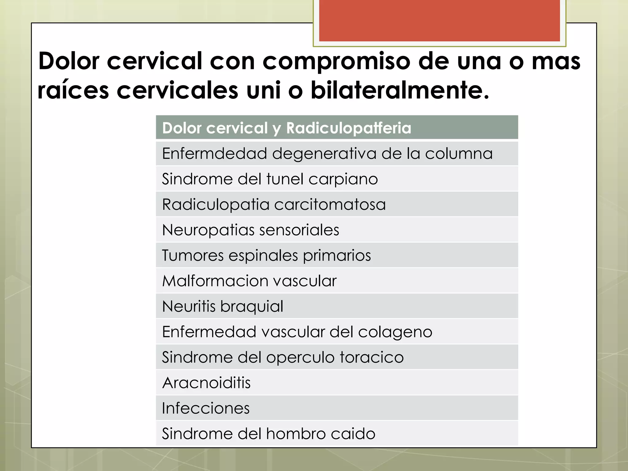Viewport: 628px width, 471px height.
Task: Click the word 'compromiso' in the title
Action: [x=336, y=61]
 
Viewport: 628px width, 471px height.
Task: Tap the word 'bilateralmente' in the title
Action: [x=400, y=90]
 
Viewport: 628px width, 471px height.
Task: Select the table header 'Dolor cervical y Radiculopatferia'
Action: [x=286, y=128]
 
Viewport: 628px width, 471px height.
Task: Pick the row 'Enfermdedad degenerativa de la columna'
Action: [x=327, y=153]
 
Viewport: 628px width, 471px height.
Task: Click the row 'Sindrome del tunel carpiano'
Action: [x=270, y=179]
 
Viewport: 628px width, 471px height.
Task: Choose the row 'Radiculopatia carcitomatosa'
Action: [x=274, y=204]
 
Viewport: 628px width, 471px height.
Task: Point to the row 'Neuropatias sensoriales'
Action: [x=251, y=230]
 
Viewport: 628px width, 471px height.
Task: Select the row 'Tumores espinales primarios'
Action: [x=266, y=255]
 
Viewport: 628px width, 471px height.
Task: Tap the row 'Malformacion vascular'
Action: [x=249, y=281]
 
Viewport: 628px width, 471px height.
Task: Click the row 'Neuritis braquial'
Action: [x=223, y=306]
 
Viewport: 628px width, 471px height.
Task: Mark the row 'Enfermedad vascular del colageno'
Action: [x=297, y=331]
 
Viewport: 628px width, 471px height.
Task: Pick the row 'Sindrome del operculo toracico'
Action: [x=283, y=357]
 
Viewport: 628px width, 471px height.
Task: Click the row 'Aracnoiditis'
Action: [x=206, y=382]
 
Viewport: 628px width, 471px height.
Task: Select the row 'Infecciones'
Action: [x=206, y=408]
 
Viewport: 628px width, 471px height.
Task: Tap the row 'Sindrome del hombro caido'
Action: [x=269, y=433]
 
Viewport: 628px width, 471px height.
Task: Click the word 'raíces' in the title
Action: [x=73, y=90]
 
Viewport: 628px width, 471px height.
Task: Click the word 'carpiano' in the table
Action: [x=343, y=179]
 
